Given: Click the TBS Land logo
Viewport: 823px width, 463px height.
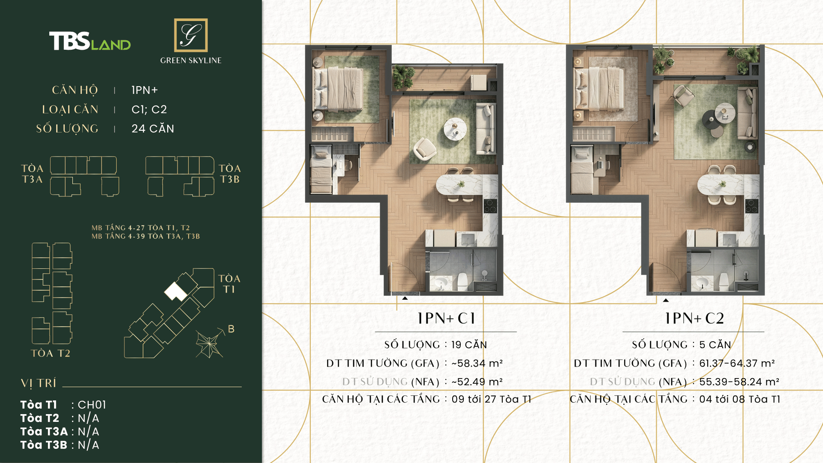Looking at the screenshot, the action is pos(90,41).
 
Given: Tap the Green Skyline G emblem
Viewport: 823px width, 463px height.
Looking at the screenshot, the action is pos(191,35).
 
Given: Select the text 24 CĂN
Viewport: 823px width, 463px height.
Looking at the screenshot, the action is pos(153,129).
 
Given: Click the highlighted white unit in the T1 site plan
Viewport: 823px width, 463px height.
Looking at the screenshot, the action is pos(175,292).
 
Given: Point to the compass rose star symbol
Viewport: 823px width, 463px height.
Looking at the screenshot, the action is pos(210,344).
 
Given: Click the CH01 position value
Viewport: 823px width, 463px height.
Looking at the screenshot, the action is pos(92,405).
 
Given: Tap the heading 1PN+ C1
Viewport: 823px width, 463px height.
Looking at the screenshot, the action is pos(446,319).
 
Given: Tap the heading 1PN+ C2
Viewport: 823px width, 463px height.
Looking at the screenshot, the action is pos(694,319).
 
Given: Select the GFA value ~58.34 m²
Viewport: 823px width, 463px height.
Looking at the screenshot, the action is pos(477,364).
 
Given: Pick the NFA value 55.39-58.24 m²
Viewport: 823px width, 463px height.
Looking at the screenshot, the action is pos(739,382).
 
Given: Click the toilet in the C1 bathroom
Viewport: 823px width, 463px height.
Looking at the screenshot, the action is pos(463,281).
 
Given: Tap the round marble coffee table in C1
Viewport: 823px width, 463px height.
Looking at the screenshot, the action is pos(455,129).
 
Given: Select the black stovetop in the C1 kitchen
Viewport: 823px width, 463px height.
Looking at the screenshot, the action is pos(490,206).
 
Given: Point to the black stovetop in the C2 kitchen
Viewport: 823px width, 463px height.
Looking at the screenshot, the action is pos(751,206).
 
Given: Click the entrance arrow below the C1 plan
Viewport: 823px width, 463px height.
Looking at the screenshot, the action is pos(405,298).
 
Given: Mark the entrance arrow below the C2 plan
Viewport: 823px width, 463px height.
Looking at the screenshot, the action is pos(666,300).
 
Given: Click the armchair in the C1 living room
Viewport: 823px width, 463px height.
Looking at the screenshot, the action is pos(424,148).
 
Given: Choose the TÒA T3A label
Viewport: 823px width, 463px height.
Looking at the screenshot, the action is pos(33,174).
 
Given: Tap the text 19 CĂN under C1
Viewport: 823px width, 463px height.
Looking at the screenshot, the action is pos(469,345).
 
